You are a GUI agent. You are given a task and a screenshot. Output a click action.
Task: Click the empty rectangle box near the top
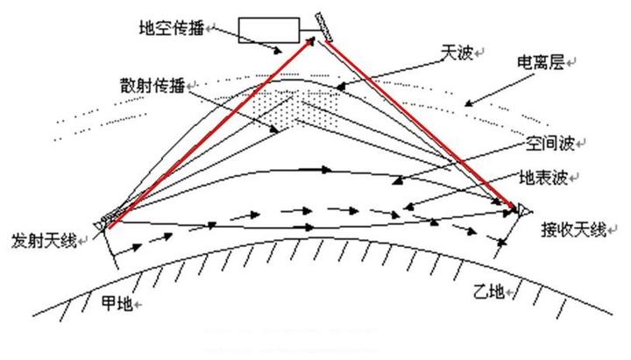(x=268, y=30)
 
